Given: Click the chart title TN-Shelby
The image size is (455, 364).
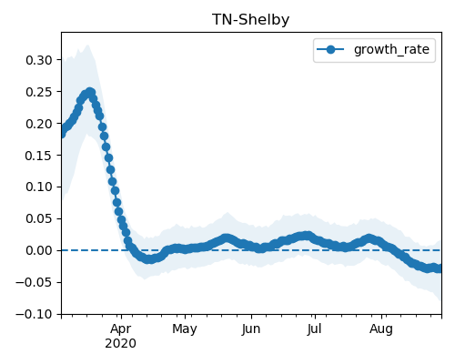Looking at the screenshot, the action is coord(250,20).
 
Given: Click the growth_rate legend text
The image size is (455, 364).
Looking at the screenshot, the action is coord(391,49).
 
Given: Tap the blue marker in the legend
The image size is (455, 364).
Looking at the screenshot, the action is coord(330,49).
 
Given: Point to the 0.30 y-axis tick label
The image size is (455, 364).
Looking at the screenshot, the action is coord(39,60).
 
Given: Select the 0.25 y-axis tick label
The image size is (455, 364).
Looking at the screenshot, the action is coord(39,92).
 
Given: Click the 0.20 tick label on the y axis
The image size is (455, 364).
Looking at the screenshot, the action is coord(39,124).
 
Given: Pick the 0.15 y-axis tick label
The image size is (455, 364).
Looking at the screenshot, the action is coord(39,156).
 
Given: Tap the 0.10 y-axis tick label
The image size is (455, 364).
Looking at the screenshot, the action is coord(39,187).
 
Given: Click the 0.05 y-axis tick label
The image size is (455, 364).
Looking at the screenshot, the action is coord(39,218).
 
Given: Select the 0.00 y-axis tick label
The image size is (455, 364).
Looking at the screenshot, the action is coord(39,250).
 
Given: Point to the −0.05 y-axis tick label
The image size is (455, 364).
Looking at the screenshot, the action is coord(34,282).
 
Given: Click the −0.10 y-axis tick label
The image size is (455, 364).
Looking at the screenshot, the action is coord(34,314).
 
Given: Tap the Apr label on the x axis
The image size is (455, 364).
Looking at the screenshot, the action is coord(121,329).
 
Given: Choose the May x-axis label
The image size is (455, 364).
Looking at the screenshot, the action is coord(185,329).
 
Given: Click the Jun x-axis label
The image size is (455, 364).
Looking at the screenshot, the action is coord(251,329).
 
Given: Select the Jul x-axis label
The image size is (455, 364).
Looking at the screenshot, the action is coord(314,329).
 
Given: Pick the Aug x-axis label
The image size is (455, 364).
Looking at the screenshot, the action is coord(381,329).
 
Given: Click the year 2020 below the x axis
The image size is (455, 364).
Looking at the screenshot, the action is coord(121,344).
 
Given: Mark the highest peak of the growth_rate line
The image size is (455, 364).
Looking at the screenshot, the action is coord(90,93).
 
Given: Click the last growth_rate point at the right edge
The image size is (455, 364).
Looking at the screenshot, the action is coord(440,268).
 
